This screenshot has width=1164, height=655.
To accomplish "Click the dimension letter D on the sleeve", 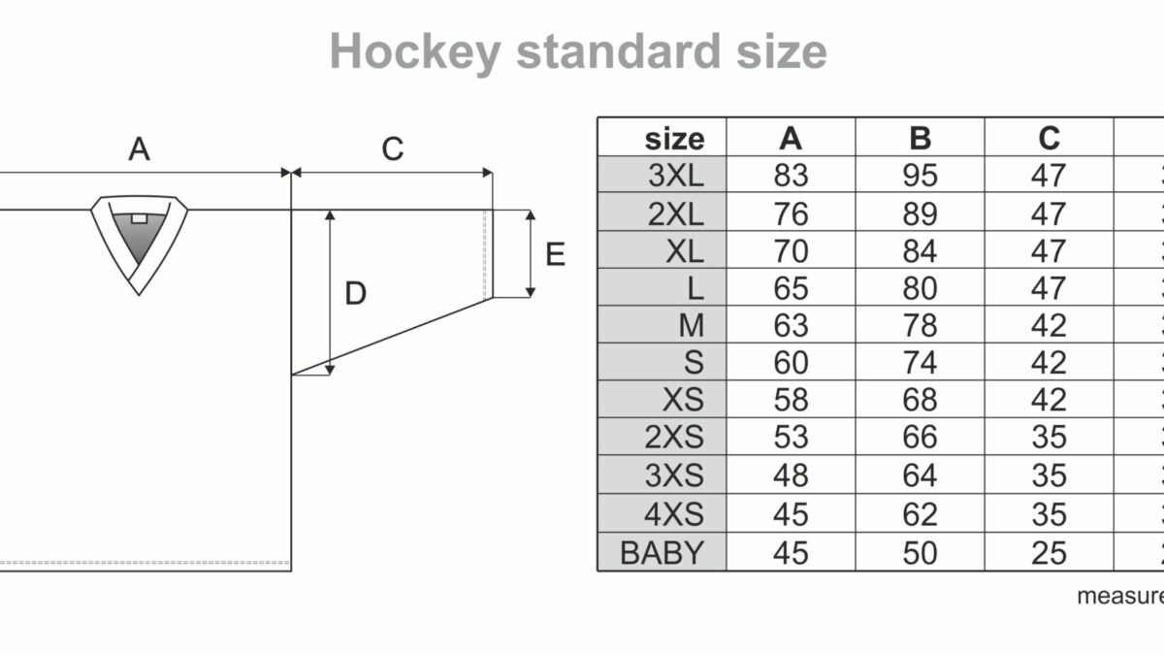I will coord(356,293).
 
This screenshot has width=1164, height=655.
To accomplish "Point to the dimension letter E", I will coord(555,254).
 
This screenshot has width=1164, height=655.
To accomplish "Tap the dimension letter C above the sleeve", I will coord(392,149).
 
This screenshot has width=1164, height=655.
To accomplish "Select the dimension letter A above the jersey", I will coord(140,149).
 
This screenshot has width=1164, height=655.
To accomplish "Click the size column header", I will coord(673,138).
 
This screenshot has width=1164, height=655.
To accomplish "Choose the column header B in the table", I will coord(920,138).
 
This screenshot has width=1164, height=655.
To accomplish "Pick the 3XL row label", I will coord(677,175).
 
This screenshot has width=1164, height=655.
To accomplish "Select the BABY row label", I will coord(663,552).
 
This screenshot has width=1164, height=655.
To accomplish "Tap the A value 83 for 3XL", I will coord(791,175).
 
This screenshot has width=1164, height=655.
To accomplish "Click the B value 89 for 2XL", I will coord(920,213).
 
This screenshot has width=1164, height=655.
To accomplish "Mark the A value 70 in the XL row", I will coord(791,250).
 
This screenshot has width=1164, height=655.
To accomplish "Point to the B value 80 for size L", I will coord(920,288).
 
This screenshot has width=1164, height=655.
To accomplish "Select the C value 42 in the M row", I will coord(1049,325).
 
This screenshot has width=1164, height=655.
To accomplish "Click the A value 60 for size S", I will coord(791,363).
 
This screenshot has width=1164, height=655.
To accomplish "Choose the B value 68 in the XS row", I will coord(920,401).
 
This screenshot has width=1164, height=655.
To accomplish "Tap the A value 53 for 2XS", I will coord(791,438).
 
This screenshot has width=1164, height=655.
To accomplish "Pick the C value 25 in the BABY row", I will coord(1049,552).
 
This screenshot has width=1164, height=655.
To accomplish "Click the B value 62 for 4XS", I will coord(920,513).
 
